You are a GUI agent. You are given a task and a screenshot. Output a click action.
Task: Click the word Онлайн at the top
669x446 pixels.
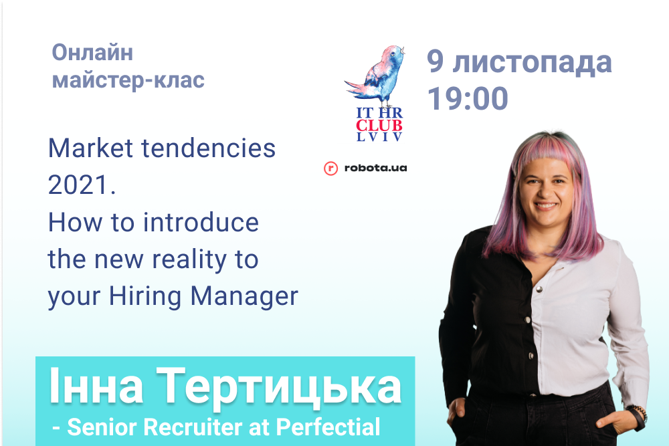pyautogui.click(x=92, y=53)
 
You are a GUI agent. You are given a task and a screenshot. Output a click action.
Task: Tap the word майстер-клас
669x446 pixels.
pyautogui.click(x=128, y=80)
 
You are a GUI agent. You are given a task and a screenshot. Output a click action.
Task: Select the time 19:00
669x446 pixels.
pyautogui.click(x=468, y=98)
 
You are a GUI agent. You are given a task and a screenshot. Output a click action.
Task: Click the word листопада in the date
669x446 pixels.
pyautogui.click(x=532, y=63)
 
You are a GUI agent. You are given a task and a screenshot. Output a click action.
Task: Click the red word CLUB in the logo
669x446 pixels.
pyautogui.click(x=379, y=125)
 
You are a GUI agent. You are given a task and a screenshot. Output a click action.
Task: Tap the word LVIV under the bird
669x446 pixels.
pyautogui.click(x=379, y=137)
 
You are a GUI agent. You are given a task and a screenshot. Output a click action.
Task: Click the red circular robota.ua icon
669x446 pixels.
pyautogui.click(x=330, y=169)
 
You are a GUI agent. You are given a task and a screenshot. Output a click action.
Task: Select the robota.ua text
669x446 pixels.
pyautogui.click(x=375, y=168)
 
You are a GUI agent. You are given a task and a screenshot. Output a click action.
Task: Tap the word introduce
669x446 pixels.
pyautogui.click(x=201, y=222)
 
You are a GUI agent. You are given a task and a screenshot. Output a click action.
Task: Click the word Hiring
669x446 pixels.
pyautogui.click(x=145, y=297)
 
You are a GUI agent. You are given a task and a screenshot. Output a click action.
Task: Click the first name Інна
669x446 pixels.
pyautogui.click(x=96, y=385)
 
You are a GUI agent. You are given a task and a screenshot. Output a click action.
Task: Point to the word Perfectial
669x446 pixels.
pyautogui.click(x=328, y=427)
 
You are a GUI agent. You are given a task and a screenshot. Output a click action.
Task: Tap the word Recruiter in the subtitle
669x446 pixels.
pyautogui.click(x=192, y=427)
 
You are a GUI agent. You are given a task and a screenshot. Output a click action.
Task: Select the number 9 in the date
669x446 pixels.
pyautogui.click(x=436, y=62)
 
